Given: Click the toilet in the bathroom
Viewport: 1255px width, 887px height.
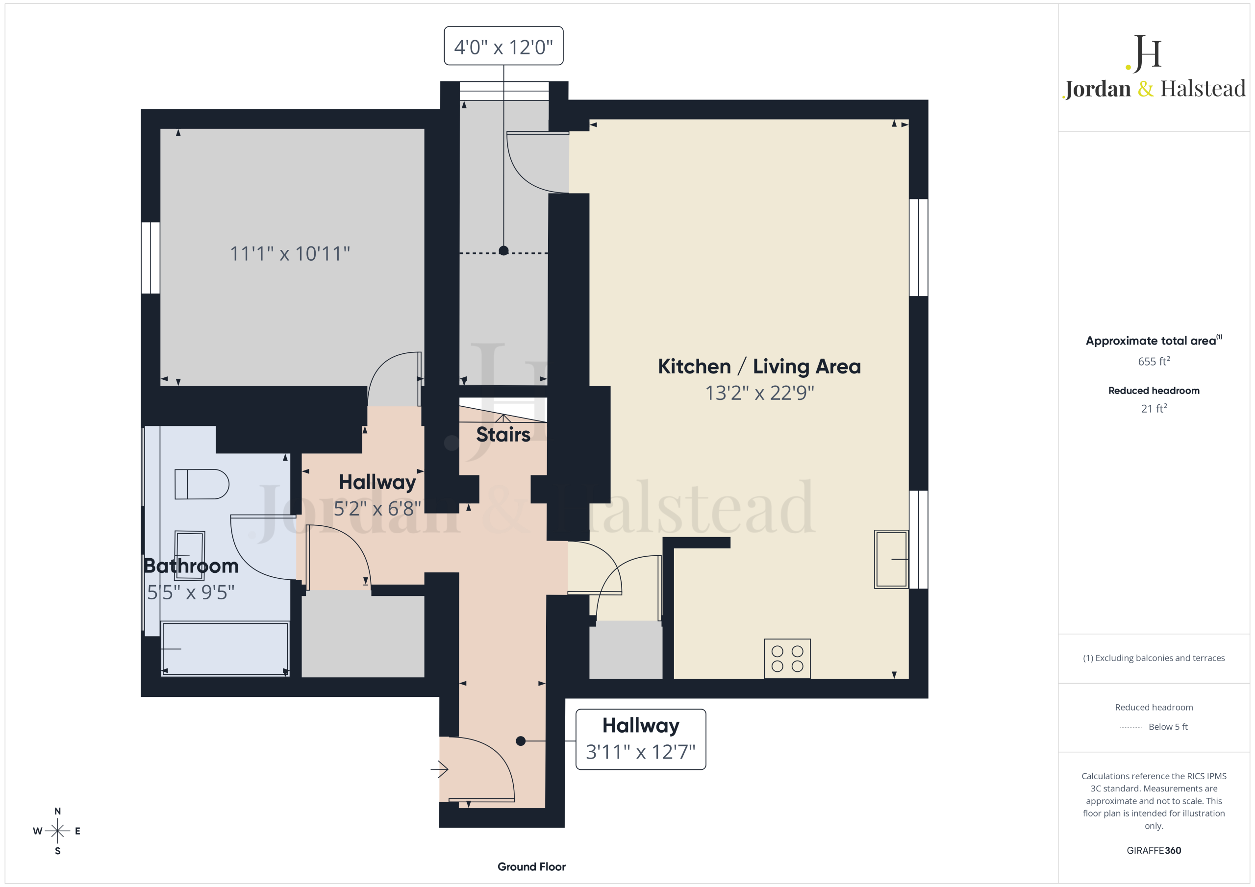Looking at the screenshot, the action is pyautogui.click(x=201, y=484).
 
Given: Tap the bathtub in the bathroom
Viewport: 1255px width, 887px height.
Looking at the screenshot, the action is pyautogui.click(x=225, y=649).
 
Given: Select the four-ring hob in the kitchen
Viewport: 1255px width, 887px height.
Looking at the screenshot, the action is pyautogui.click(x=787, y=659).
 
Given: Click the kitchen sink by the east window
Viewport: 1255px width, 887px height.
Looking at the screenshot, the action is pyautogui.click(x=891, y=559).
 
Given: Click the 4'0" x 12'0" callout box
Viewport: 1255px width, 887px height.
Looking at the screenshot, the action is pyautogui.click(x=503, y=46).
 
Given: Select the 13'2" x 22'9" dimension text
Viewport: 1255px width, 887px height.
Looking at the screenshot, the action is pyautogui.click(x=759, y=393).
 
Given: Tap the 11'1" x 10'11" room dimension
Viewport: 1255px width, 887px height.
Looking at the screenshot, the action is pyautogui.click(x=290, y=253).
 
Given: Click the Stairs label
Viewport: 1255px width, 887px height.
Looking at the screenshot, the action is pyautogui.click(x=503, y=435).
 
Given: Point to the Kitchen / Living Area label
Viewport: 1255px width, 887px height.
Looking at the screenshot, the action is pyautogui.click(x=759, y=366).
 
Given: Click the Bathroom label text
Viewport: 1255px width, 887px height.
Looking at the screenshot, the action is pyautogui.click(x=191, y=566).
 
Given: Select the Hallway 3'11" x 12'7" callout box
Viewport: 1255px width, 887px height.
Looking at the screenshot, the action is pyautogui.click(x=641, y=739).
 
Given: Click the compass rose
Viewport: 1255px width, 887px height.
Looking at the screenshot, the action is pyautogui.click(x=57, y=831).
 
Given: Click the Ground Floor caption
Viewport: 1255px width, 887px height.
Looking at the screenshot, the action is pyautogui.click(x=531, y=867).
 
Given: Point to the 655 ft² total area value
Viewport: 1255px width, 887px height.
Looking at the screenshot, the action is pyautogui.click(x=1154, y=361).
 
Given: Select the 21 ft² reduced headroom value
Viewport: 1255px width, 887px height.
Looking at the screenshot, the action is pyautogui.click(x=1154, y=408).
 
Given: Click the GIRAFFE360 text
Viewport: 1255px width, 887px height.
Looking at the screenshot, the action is pyautogui.click(x=1154, y=850).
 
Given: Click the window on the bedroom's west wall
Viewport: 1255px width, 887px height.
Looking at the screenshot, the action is pyautogui.click(x=151, y=257).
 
